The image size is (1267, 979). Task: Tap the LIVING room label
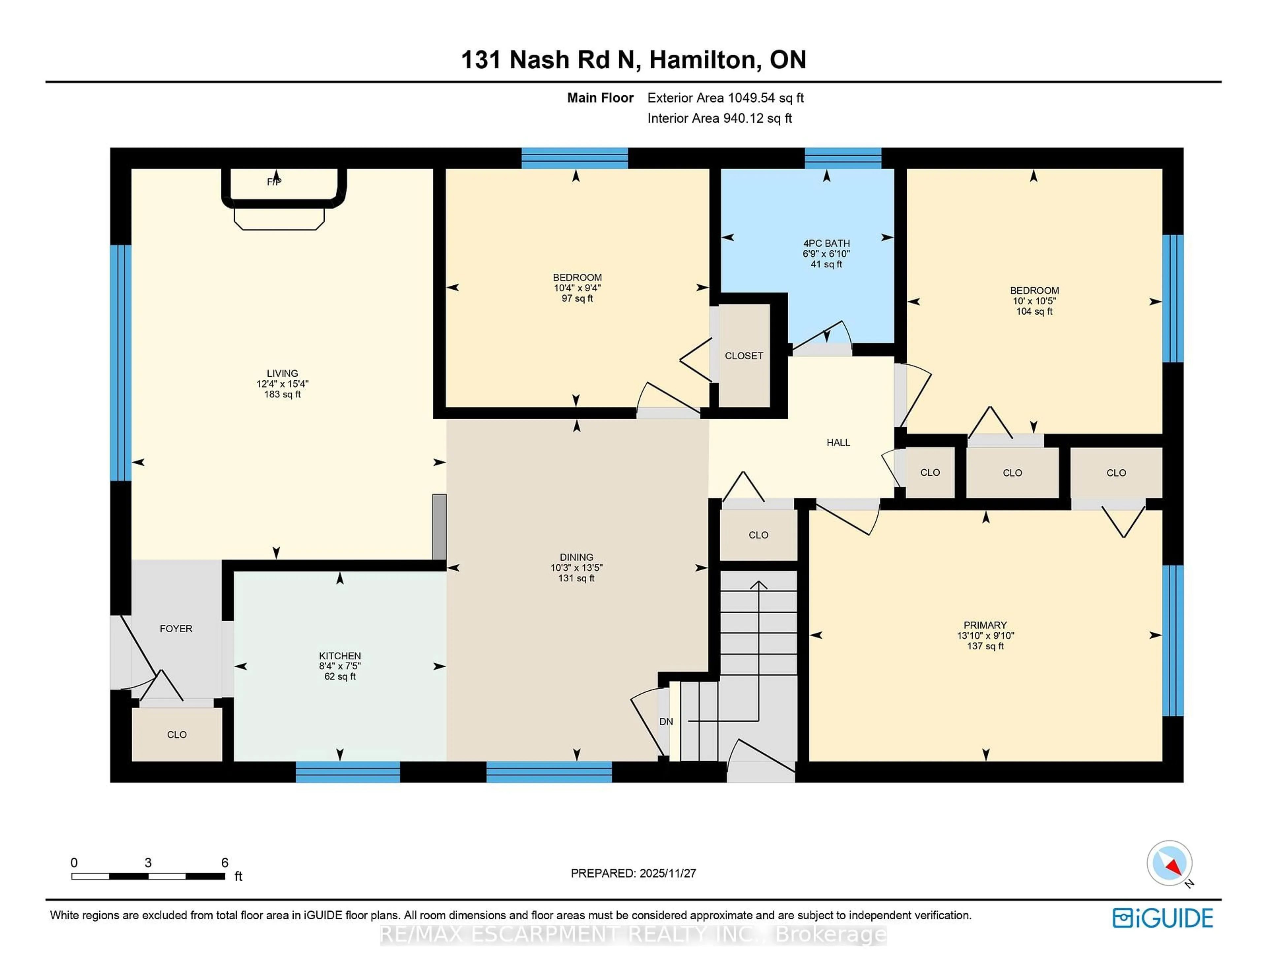(282, 373)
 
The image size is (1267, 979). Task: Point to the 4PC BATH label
(826, 243)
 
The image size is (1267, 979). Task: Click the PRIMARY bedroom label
(985, 625)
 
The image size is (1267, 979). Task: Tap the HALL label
(838, 443)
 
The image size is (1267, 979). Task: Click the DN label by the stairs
(666, 721)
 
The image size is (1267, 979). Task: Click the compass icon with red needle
(1169, 863)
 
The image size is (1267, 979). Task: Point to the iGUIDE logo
(1163, 918)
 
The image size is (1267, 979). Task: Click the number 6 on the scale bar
(224, 863)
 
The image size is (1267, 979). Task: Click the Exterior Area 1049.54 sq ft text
(725, 98)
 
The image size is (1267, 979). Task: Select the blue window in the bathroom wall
(843, 158)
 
